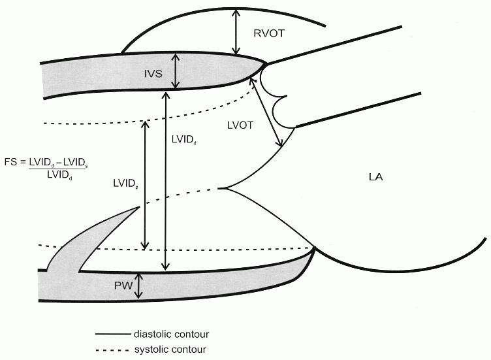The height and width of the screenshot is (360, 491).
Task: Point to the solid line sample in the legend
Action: pyautogui.click(x=111, y=334)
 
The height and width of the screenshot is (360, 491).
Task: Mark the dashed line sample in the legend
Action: pyautogui.click(x=111, y=350)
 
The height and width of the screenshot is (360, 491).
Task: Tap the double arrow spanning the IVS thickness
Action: pyautogui.click(x=175, y=71)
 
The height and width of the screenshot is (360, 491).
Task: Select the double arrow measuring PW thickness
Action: pyautogui.click(x=138, y=286)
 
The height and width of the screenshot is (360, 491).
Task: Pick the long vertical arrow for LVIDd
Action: pyautogui.click(x=166, y=180)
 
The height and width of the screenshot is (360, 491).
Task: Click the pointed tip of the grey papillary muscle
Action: pyautogui.click(x=139, y=207)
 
